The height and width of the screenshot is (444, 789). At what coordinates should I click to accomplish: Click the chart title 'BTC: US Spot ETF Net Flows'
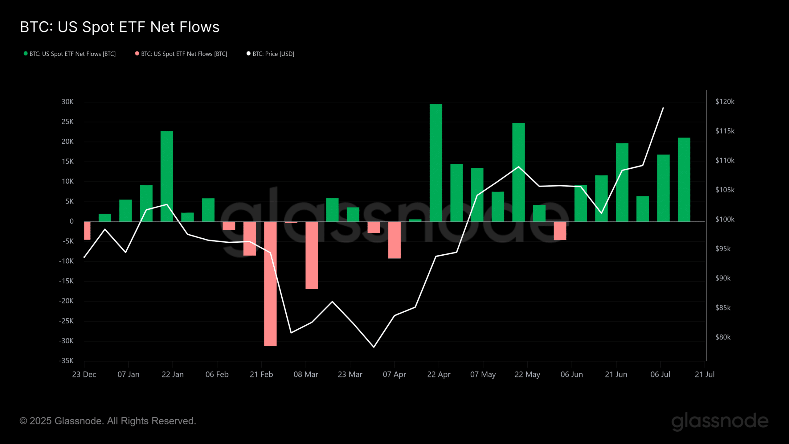(x=120, y=27)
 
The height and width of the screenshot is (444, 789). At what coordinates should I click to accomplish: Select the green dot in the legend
(x=26, y=54)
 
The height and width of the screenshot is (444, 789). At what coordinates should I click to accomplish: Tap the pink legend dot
(x=137, y=54)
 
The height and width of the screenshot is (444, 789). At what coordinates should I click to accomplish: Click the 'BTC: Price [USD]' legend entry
(x=273, y=54)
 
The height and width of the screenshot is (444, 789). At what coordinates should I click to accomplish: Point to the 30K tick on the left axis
(x=67, y=102)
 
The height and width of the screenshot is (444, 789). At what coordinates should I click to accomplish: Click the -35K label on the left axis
(x=66, y=361)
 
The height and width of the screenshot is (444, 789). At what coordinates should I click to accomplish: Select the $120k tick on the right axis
(x=725, y=102)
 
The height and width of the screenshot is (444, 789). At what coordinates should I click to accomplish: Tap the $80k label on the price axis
(x=723, y=337)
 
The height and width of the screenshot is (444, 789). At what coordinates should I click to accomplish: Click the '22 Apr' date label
(x=439, y=375)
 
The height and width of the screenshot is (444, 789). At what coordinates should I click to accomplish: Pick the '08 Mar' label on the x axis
(x=306, y=375)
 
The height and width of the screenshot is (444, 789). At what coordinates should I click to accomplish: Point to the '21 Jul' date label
(x=705, y=375)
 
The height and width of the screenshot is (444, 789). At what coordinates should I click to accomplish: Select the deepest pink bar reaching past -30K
(x=270, y=284)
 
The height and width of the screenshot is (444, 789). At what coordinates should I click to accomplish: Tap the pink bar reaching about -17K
(x=312, y=255)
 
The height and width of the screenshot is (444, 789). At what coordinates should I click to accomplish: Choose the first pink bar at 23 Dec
(x=87, y=231)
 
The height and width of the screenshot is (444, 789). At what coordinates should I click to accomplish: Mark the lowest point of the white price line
(x=374, y=347)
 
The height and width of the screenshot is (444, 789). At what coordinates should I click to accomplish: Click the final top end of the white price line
(x=663, y=108)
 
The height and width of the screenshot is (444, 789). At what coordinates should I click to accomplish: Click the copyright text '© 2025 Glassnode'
(x=108, y=421)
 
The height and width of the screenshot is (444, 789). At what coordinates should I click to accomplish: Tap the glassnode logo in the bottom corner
(x=720, y=421)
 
